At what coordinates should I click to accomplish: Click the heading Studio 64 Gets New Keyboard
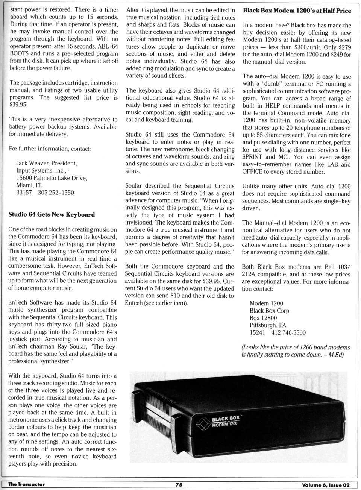(x=52, y=215)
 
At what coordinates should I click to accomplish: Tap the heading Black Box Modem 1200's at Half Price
(x=297, y=11)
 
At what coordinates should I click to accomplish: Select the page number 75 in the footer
(x=179, y=485)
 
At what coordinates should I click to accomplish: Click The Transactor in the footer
(x=26, y=485)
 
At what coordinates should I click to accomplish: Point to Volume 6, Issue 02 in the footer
(x=326, y=485)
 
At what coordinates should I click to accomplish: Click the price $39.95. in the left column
(x=18, y=105)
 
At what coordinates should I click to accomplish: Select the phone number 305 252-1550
(x=56, y=193)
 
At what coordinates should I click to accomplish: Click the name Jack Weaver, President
(x=47, y=163)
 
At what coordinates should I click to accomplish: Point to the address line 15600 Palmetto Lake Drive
(x=52, y=178)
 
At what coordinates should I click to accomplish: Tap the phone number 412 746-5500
(x=288, y=333)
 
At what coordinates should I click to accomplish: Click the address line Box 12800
(x=263, y=318)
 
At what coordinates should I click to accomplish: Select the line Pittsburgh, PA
(x=268, y=325)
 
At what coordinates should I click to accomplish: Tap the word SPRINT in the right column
(x=252, y=157)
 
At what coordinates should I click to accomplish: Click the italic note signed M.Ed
(x=295, y=351)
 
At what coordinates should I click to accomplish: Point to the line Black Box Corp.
(x=270, y=311)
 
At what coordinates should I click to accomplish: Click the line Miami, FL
(x=29, y=185)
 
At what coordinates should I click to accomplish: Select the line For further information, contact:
(x=50, y=149)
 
